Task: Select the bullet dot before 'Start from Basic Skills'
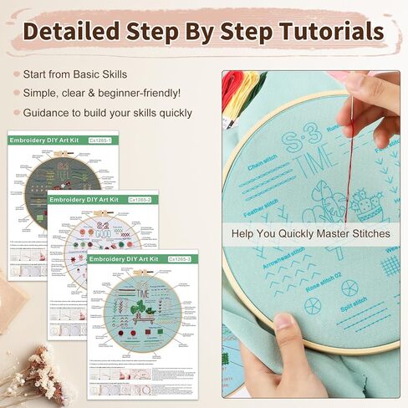click(16, 74)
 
